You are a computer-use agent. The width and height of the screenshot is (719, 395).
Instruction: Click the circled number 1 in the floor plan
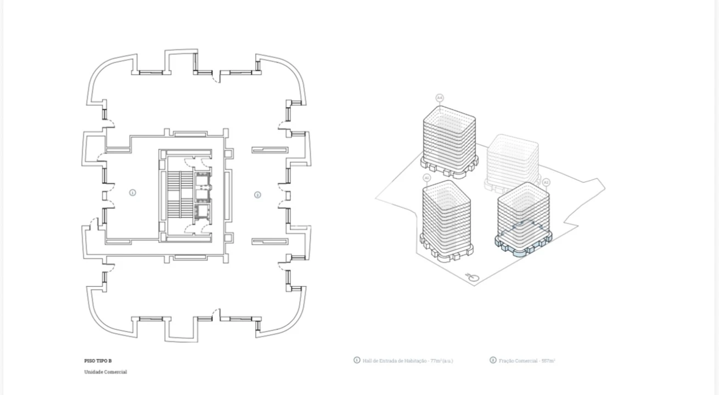(x=132, y=193)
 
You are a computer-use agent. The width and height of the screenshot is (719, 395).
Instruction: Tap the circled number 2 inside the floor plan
(x=257, y=195)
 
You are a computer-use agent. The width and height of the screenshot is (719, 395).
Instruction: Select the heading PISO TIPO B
(x=98, y=361)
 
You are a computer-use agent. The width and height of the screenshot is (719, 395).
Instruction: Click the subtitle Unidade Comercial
(x=105, y=372)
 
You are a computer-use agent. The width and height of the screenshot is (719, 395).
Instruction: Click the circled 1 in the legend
(x=357, y=360)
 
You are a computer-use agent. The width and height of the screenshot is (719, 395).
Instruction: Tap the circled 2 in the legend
(x=493, y=360)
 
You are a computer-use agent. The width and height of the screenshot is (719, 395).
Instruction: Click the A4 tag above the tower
(x=440, y=98)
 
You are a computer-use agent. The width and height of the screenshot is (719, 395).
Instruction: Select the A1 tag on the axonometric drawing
(x=427, y=178)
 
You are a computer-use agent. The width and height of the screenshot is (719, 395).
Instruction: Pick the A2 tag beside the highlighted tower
(x=546, y=182)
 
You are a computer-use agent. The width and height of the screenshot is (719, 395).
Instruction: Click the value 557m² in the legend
(x=548, y=361)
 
